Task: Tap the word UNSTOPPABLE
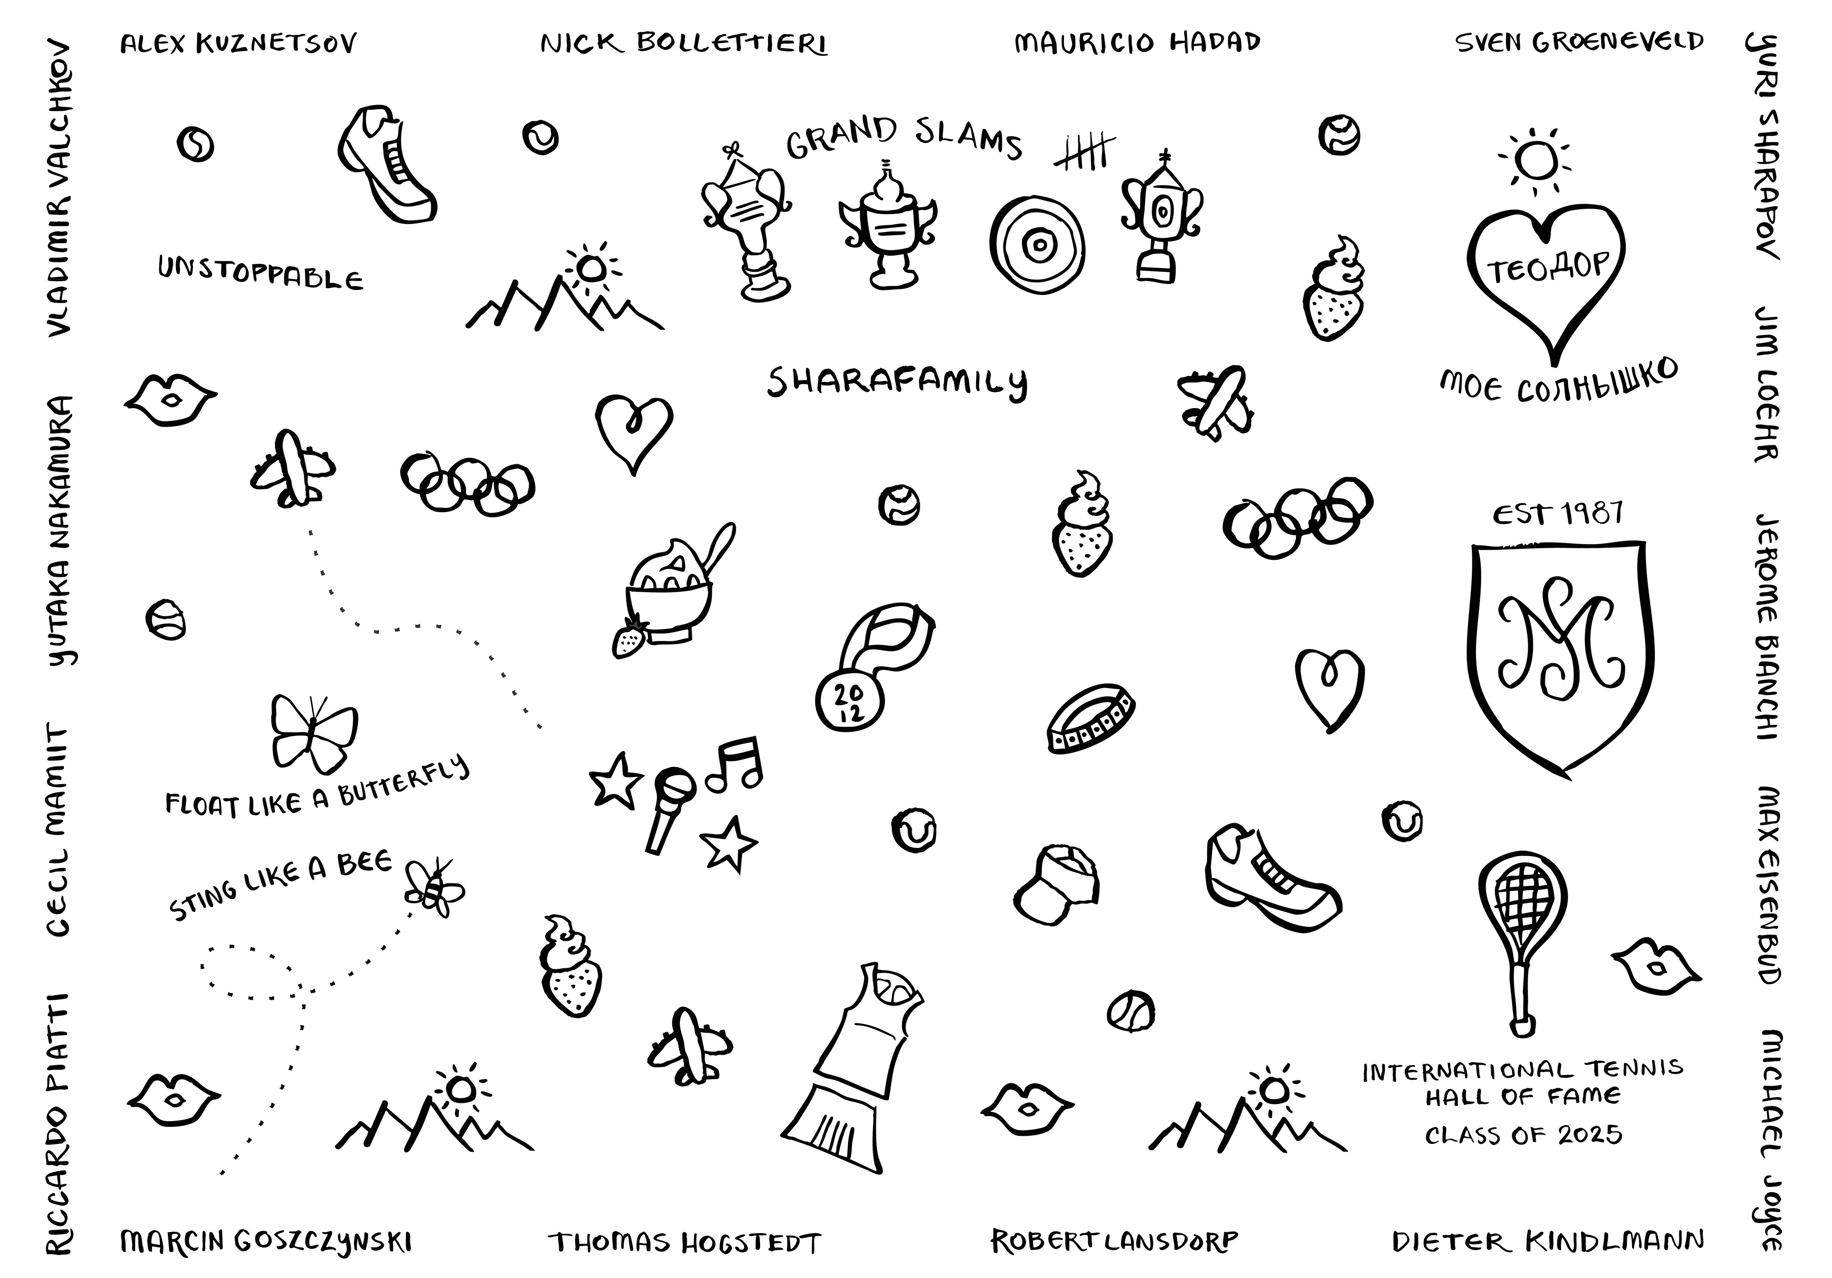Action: pyautogui.click(x=260, y=274)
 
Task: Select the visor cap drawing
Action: pyautogui.click(x=1057, y=886)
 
